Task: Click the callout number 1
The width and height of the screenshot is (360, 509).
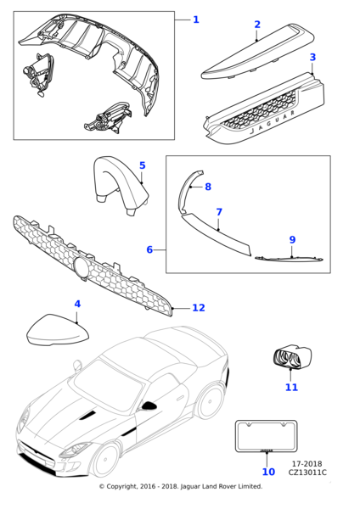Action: [x=196, y=20]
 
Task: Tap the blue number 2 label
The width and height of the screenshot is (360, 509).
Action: [x=257, y=25]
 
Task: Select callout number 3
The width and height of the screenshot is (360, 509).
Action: [x=312, y=57]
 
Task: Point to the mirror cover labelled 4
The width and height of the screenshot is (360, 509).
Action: [x=58, y=329]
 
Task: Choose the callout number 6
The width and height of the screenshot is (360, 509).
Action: [x=149, y=249]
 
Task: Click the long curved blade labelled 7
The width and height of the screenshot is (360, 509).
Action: [x=215, y=232]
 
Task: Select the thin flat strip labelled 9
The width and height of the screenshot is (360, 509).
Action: [x=290, y=259]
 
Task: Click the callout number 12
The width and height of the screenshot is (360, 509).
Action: [x=199, y=308]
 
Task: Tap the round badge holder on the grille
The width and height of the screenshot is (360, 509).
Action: [x=82, y=266]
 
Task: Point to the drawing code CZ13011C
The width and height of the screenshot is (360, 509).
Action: [x=307, y=473]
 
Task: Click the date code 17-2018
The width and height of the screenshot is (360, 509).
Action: [x=307, y=464]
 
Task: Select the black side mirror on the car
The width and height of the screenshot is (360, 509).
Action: [x=149, y=406]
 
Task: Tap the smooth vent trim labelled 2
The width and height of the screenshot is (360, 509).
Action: [x=258, y=51]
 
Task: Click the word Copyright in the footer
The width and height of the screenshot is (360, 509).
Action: [x=122, y=487]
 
